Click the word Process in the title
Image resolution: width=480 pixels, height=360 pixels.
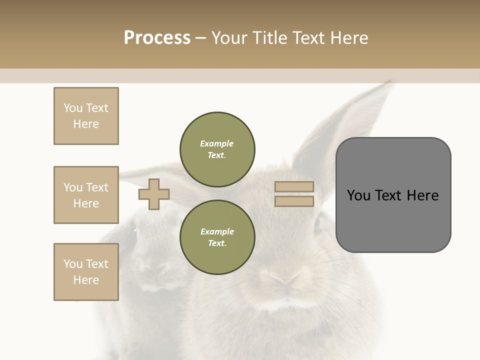pyautogui.click(x=157, y=38)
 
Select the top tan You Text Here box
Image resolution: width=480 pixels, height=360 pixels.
pyautogui.click(x=86, y=116)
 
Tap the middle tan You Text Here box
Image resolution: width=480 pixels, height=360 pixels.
pyautogui.click(x=86, y=195)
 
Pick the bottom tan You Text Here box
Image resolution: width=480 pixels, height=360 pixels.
pyautogui.click(x=86, y=272)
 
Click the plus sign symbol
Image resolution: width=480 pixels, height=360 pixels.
pyautogui.click(x=154, y=194)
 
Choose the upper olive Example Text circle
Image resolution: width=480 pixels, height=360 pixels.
pyautogui.click(x=217, y=149)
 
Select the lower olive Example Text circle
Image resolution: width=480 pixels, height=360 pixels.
pyautogui.click(x=217, y=237)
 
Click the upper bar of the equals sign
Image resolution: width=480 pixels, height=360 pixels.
pyautogui.click(x=294, y=186)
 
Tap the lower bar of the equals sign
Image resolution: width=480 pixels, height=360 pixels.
pyautogui.click(x=294, y=201)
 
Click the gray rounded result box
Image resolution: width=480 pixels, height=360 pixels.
pyautogui.click(x=393, y=220)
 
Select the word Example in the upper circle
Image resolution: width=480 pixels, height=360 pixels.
pyautogui.click(x=217, y=143)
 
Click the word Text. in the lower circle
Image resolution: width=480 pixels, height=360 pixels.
pyautogui.click(x=217, y=243)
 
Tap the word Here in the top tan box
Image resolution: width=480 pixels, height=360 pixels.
pyautogui.click(x=86, y=124)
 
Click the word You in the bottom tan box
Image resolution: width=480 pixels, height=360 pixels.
pyautogui.click(x=73, y=264)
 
